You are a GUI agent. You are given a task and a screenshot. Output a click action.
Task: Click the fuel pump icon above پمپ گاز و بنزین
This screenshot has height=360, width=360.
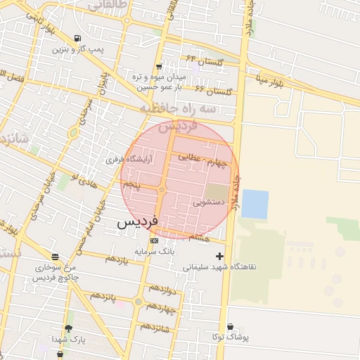point(77,39)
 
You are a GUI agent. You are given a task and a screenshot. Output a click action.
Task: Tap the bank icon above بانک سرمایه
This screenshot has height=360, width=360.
point(155,240)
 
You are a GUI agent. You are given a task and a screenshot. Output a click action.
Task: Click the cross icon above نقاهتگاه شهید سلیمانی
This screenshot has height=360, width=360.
point(220,257)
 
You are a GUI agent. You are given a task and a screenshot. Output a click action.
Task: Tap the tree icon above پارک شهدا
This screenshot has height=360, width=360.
point(68,328)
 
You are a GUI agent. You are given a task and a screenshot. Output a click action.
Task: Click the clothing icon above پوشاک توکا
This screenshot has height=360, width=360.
point(232,327)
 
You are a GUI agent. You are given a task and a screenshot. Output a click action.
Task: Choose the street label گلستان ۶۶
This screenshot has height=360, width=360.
point(214,91)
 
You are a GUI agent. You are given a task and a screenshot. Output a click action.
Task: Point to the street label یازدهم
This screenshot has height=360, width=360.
point(117,259)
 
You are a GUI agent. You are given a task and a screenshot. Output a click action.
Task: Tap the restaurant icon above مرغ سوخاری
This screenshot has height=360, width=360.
point(55,256)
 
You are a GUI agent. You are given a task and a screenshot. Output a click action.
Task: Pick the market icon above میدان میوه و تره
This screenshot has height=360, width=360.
point(159,66)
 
